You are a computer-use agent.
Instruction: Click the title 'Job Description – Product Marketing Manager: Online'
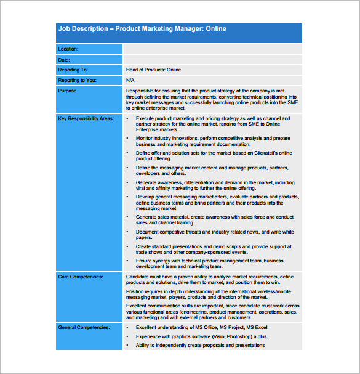142,29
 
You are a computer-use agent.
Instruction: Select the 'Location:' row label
68,49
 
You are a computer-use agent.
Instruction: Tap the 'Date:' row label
64,60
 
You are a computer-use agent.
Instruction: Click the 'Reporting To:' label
73,70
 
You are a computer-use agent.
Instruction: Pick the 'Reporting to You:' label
76,80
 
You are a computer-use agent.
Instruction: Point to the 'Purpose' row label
68,91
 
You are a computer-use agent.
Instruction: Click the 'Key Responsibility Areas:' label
86,118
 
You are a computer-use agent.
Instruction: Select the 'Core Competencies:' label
81,277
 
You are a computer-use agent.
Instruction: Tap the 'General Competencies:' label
84,328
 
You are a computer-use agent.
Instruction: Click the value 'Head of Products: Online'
153,70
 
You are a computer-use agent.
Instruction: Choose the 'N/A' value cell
130,80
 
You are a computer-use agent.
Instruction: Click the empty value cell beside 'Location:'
212,49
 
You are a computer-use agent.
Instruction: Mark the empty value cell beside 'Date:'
212,60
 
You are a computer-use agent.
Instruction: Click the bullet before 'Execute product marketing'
127,118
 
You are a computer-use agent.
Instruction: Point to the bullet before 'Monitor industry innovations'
127,139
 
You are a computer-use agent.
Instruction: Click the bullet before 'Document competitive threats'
127,232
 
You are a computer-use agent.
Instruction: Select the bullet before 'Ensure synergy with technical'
127,261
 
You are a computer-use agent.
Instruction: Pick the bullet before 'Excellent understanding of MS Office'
127,328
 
